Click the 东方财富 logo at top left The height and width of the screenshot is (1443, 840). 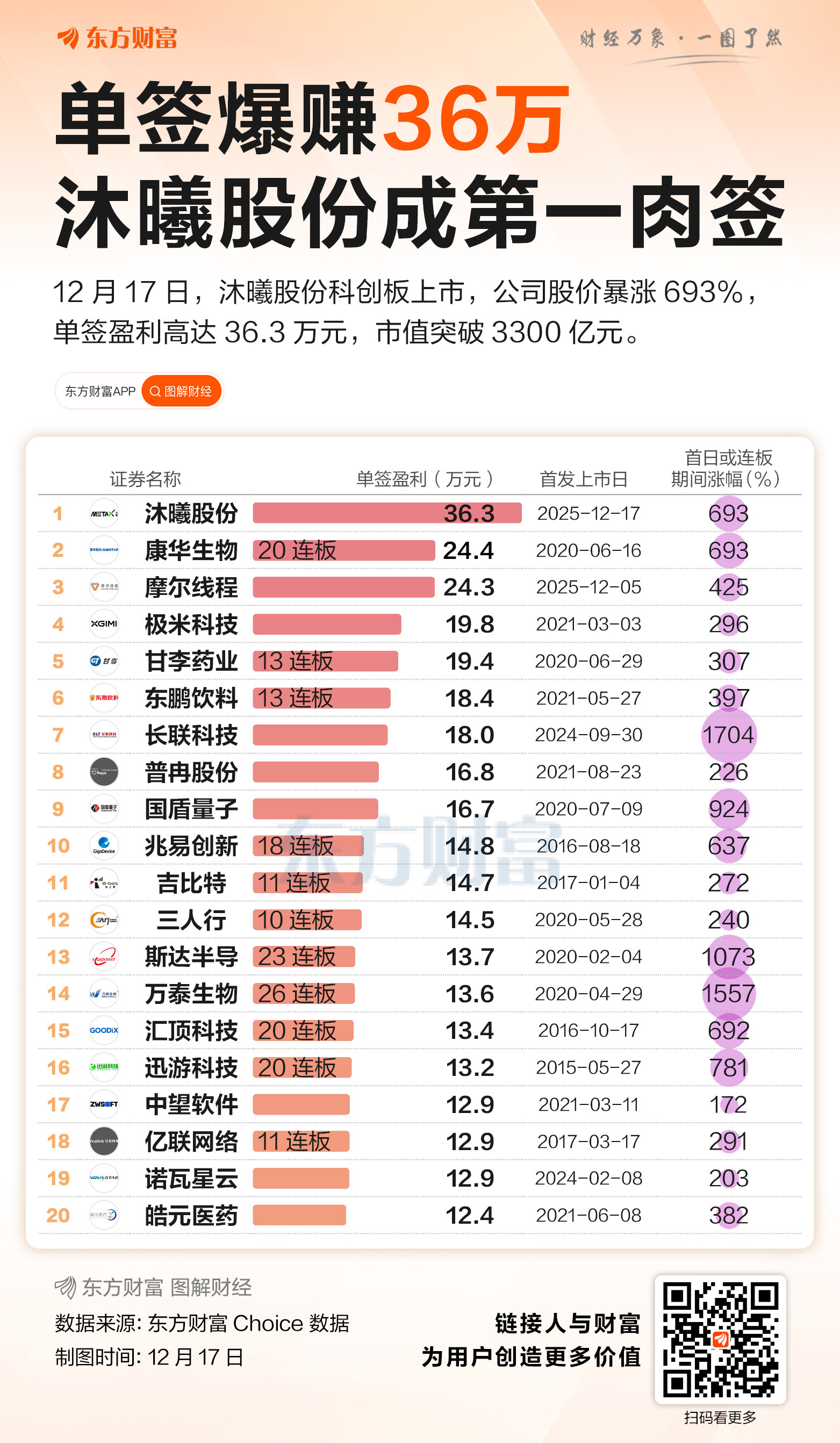(117, 38)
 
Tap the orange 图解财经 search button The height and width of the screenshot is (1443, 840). (181, 391)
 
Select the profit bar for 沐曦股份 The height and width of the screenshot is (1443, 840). (386, 513)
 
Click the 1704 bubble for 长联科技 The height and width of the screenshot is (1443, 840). (728, 735)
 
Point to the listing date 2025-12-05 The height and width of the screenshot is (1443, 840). (588, 587)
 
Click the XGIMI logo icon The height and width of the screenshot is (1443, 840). (104, 623)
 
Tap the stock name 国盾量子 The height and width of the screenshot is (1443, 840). (191, 808)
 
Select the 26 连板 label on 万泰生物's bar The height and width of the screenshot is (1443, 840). (297, 994)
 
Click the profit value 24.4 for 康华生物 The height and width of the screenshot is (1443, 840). (469, 550)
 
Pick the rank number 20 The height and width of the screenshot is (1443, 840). (58, 1215)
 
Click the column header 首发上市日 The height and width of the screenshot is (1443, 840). (584, 479)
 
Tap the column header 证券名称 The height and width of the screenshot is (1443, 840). (145, 479)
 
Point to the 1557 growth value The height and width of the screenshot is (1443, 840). (728, 994)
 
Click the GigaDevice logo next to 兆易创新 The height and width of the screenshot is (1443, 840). (104, 845)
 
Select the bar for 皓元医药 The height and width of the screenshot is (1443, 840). (299, 1215)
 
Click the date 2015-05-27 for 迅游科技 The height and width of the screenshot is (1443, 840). (588, 1067)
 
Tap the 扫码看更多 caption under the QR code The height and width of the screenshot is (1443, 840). (720, 1418)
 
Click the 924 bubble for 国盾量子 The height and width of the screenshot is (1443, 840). (728, 808)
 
